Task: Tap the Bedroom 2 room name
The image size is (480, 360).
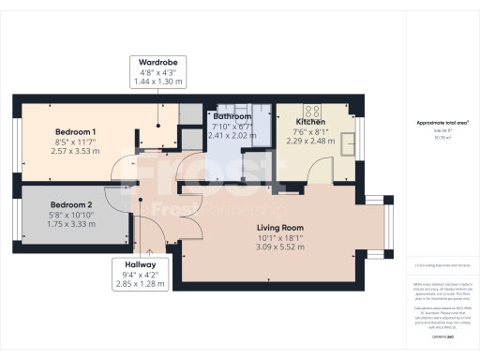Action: point(71,204)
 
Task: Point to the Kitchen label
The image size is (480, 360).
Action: point(310,123)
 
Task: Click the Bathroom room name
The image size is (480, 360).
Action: point(232,117)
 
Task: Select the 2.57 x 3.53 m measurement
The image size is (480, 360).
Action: point(74,151)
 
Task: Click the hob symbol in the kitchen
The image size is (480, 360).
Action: point(311,110)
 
